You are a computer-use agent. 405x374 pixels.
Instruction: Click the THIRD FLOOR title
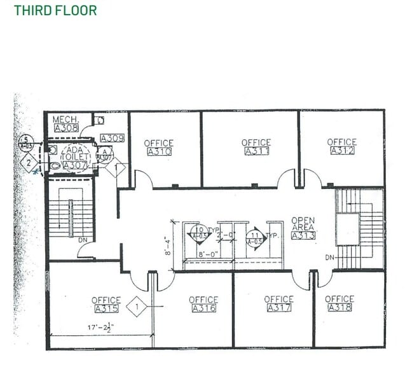[x=55, y=10]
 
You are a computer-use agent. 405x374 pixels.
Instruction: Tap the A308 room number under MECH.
[x=65, y=128]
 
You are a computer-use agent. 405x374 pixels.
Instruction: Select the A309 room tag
[x=112, y=138]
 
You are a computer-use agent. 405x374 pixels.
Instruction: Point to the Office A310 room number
[x=158, y=152]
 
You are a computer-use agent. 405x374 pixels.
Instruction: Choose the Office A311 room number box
[x=256, y=151]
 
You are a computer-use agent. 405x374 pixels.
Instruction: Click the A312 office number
[x=341, y=151]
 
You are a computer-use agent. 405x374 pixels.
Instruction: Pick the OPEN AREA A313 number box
[x=303, y=235]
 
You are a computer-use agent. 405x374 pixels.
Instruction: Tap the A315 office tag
[x=106, y=309]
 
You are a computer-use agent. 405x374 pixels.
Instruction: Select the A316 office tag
[x=203, y=308]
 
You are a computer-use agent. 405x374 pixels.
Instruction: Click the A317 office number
[x=278, y=308]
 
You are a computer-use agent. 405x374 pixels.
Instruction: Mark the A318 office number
[x=339, y=308]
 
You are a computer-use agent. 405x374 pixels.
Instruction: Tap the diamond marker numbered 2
[x=29, y=162]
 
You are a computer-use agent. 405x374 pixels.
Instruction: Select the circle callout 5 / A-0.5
[x=26, y=141]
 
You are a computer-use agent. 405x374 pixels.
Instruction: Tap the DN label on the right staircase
[x=329, y=258]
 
